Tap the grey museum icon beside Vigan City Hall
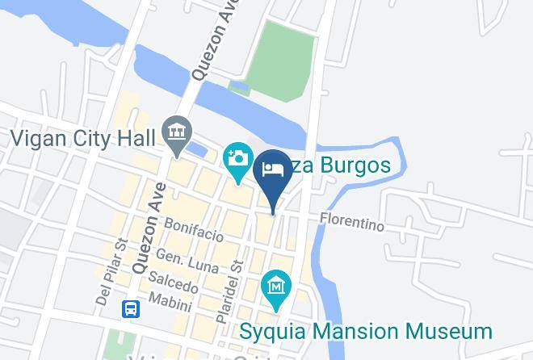tap(175, 130)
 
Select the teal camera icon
tap(238, 157)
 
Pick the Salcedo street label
tap(173, 283)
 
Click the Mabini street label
tap(170, 304)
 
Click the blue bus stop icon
tap(131, 309)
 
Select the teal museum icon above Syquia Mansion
tap(276, 286)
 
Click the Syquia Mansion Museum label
tap(365, 331)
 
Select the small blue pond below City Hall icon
tap(196, 149)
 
